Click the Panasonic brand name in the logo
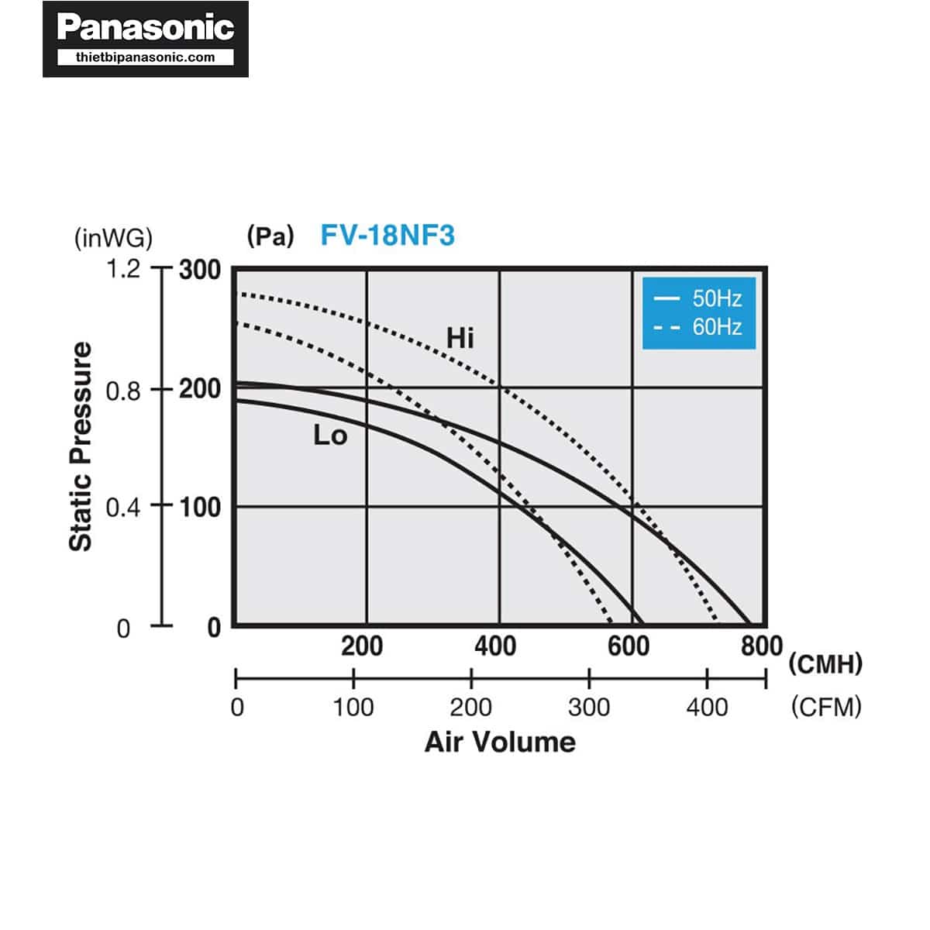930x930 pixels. [x=146, y=28]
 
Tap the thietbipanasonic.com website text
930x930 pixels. [x=146, y=57]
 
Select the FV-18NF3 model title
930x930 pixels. [x=387, y=235]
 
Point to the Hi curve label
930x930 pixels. [x=460, y=338]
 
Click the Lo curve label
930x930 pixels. [x=330, y=436]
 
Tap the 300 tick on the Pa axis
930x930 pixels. [x=200, y=270]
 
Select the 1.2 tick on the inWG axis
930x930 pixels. [x=123, y=269]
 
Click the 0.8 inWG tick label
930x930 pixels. [x=123, y=391]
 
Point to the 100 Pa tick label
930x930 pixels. [x=200, y=508]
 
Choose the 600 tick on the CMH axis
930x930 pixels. [x=629, y=646]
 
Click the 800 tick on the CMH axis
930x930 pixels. [x=761, y=646]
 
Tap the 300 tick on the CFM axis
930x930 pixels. [x=589, y=707]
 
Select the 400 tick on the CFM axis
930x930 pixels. [x=707, y=707]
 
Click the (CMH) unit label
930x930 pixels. [x=825, y=664]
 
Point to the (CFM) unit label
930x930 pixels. [x=826, y=707]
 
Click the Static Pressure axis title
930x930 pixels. [x=81, y=447]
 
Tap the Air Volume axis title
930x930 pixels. [x=500, y=742]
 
